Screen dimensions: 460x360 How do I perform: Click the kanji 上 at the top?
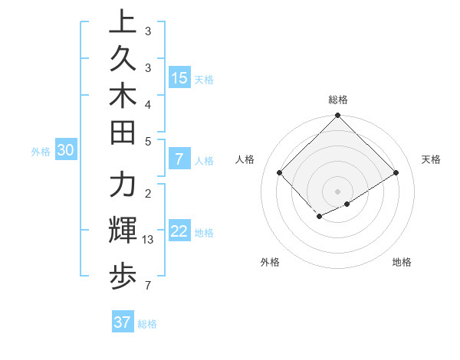[123, 23]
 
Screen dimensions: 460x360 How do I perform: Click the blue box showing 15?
[179, 77]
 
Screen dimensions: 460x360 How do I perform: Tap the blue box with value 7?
[179, 159]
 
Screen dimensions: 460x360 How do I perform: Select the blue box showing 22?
[179, 231]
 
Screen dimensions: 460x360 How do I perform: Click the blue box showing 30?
[66, 151]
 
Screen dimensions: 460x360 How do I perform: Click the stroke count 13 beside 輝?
[149, 241]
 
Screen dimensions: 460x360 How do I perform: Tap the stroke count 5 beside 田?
[148, 141]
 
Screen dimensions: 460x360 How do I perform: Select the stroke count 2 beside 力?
[148, 193]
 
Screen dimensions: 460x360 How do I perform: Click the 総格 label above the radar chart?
[338, 100]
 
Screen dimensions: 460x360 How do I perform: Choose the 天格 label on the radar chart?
[431, 159]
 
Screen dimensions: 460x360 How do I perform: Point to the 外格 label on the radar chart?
[270, 262]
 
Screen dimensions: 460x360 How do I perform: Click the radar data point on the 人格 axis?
[280, 172]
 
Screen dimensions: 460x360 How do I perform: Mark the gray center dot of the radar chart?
[338, 191]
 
